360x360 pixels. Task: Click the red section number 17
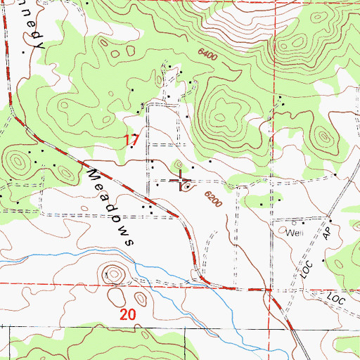click(131, 140)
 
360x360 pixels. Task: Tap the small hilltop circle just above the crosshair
click(180, 165)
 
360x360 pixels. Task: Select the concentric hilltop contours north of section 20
click(112, 273)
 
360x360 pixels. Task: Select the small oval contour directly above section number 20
click(140, 302)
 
